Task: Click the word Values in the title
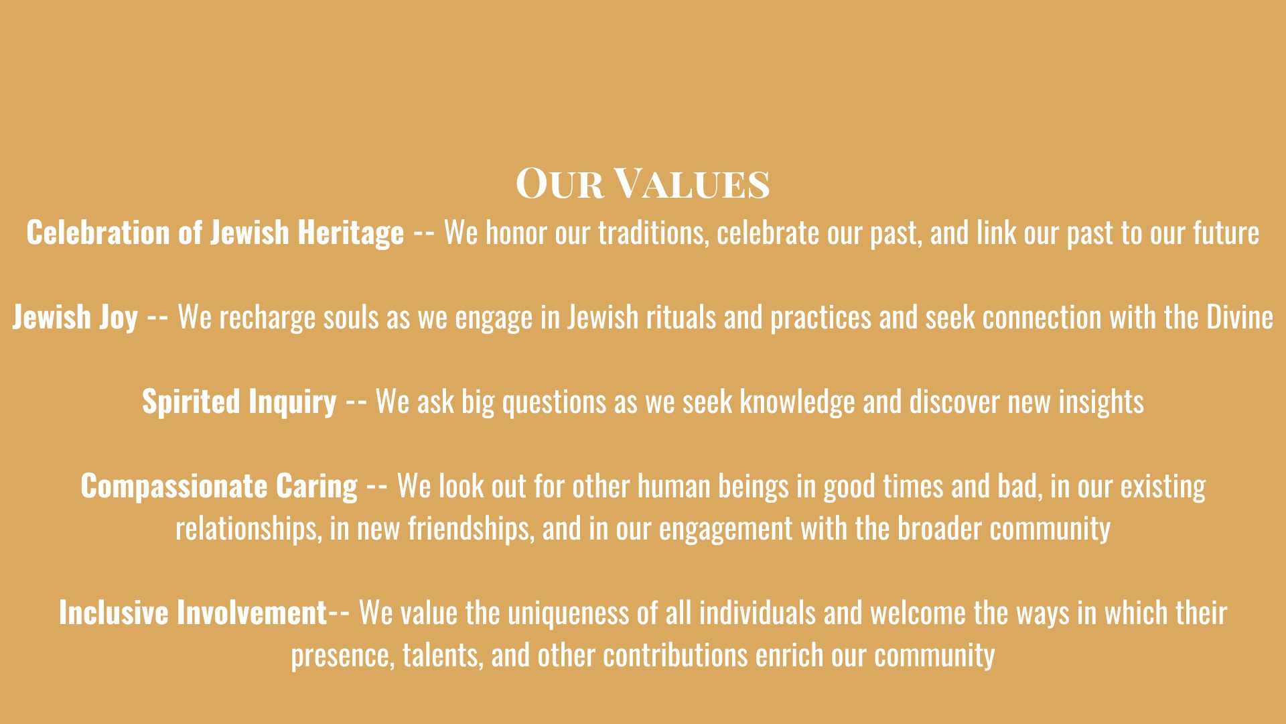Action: pos(692,184)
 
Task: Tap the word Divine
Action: pos(1240,317)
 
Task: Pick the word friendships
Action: pos(471,529)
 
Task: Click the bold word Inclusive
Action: pos(114,613)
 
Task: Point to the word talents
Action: pos(443,656)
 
